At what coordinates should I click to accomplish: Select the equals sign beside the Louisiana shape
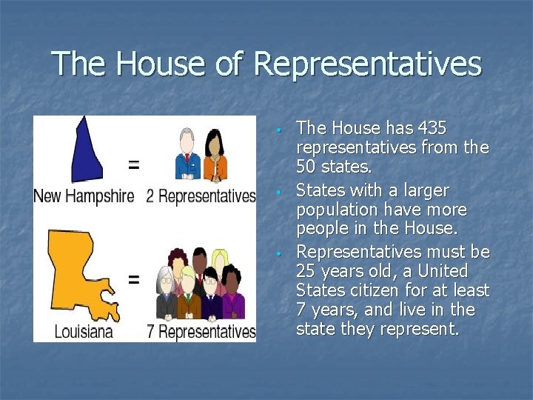pos(133,280)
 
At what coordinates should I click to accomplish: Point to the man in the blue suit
pos(188,156)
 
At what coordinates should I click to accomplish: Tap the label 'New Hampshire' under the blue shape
pos(84,196)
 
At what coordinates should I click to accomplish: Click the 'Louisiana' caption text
pos(84,330)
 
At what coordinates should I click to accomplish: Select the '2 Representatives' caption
pos(201,196)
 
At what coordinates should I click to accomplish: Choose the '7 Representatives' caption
pos(201,330)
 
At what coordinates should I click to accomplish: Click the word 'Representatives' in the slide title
pos(367,64)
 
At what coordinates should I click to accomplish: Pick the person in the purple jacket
pos(233,296)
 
